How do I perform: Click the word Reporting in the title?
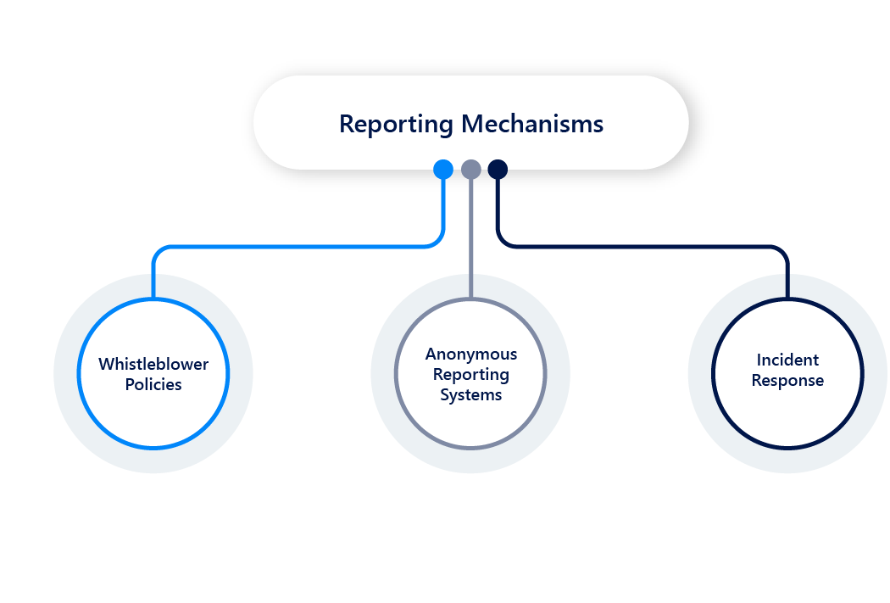pos(396,124)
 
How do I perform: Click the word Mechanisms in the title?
pos(532,124)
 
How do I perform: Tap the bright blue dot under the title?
pos(443,170)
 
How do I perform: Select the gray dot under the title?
pos(471,170)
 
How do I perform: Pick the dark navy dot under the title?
pos(498,170)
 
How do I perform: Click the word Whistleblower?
pos(153,364)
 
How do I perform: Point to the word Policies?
pos(153,384)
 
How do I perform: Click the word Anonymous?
pos(470,354)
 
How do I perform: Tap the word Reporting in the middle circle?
pos(470,374)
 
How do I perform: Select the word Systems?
pos(470,395)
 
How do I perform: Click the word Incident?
pos(787,360)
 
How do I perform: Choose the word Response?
pos(787,381)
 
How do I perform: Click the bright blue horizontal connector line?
pos(297,247)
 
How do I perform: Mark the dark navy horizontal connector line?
pos(644,247)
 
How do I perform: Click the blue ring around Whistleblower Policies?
pos(79,373)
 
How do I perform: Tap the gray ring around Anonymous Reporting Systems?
pos(396,373)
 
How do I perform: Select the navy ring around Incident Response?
pos(713,373)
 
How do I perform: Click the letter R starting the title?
pos(346,124)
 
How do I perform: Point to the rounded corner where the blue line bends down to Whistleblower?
pos(157,251)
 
